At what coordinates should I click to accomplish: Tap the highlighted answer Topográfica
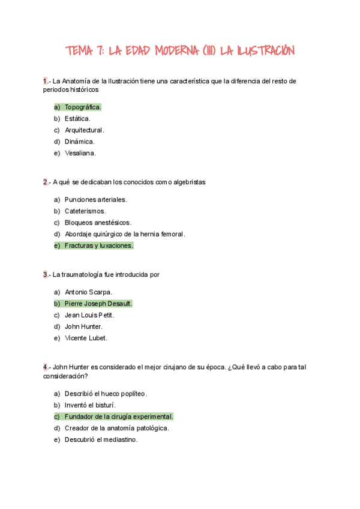83,107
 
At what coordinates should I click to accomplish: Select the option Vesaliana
80,152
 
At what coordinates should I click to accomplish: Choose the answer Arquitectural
85,130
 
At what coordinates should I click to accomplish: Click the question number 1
45,82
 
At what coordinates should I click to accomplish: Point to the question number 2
45,182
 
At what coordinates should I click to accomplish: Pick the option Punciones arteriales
96,199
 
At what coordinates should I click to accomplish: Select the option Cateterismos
85,211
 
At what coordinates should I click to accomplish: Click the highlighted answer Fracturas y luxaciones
99,245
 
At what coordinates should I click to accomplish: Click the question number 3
45,274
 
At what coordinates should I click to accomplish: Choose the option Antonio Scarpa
89,292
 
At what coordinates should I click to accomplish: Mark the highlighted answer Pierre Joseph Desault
98,303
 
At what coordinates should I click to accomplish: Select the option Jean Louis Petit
89,315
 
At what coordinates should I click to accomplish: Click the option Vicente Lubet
86,338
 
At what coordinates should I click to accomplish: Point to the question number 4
45,367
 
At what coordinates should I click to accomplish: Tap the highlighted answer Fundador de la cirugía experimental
119,417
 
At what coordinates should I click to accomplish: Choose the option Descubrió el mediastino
101,439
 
